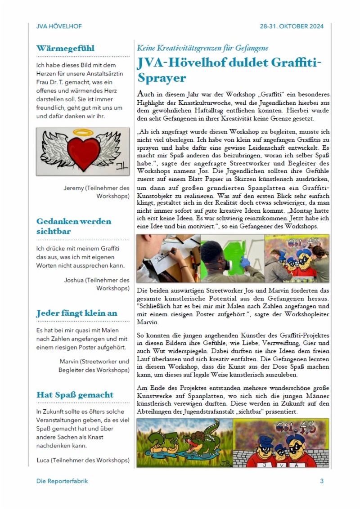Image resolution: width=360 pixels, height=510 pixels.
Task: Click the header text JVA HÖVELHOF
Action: pyautogui.click(x=59, y=26)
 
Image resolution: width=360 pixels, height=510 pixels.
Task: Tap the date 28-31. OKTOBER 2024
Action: pyautogui.click(x=292, y=26)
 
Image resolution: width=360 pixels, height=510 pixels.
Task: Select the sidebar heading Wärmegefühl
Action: pyautogui.click(x=65, y=48)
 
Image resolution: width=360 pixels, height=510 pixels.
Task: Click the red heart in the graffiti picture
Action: pyautogui.click(x=84, y=152)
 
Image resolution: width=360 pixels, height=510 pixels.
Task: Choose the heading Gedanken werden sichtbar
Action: pyautogui.click(x=73, y=226)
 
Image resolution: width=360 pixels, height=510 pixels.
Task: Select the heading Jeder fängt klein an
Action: pyautogui.click(x=76, y=313)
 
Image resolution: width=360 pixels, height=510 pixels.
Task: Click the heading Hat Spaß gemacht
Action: pyautogui.click(x=75, y=394)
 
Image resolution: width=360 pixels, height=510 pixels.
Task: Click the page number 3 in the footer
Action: pyautogui.click(x=322, y=481)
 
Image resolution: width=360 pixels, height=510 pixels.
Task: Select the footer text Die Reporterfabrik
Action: pyautogui.click(x=62, y=481)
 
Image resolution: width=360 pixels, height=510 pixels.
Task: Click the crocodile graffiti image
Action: pyautogui.click(x=184, y=443)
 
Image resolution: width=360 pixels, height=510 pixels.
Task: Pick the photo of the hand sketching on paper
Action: pyautogui.click(x=168, y=258)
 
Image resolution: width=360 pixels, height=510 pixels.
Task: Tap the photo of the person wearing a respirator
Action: pyautogui.click(x=232, y=258)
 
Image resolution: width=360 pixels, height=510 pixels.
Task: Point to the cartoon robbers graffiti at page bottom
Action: pyautogui.click(x=281, y=443)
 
